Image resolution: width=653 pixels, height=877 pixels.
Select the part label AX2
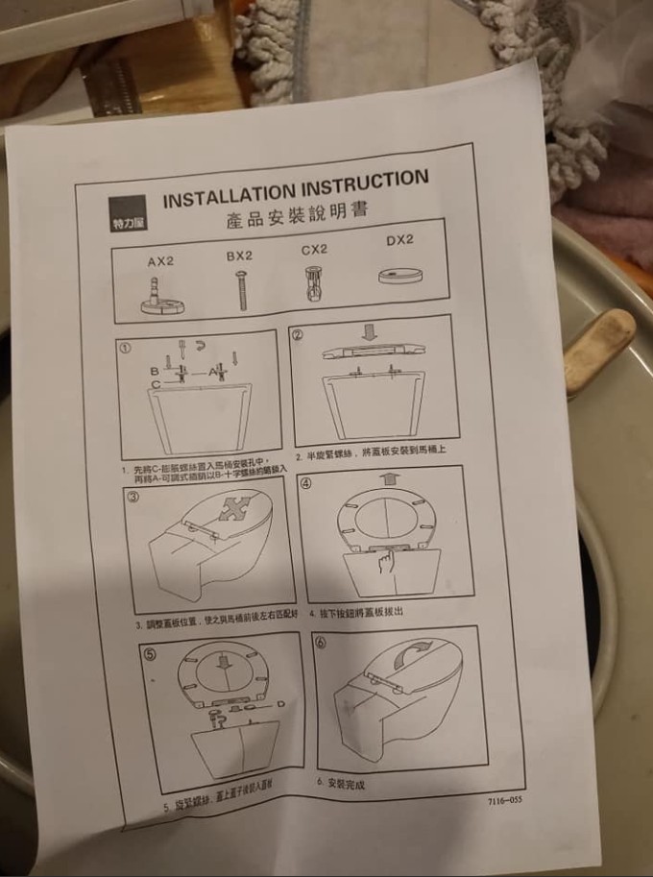(x=161, y=261)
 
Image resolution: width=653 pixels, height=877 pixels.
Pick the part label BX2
(x=239, y=256)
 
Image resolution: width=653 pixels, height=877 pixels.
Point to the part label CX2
(x=314, y=249)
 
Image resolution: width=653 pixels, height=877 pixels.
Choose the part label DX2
(x=399, y=240)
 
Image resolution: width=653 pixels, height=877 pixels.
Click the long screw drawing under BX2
(x=241, y=289)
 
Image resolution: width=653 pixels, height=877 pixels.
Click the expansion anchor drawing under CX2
(x=311, y=282)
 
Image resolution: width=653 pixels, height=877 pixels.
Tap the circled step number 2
(x=298, y=335)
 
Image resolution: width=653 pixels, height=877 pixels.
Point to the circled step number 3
(x=133, y=497)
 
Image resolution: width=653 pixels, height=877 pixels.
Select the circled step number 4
(x=305, y=483)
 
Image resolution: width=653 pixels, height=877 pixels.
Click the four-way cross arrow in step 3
(x=231, y=506)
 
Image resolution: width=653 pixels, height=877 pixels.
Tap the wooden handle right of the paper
(x=599, y=351)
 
